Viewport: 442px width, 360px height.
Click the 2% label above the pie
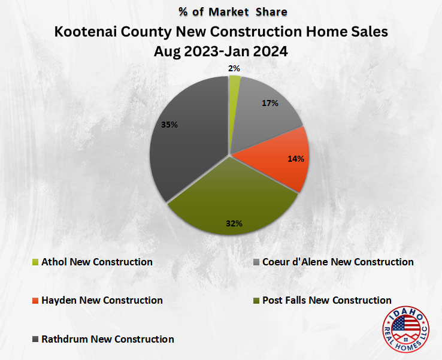pyautogui.click(x=234, y=69)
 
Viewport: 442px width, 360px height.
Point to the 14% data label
pyautogui.click(x=296, y=159)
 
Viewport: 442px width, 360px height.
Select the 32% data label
pyautogui.click(x=234, y=223)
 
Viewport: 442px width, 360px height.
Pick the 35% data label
pyautogui.click(x=169, y=125)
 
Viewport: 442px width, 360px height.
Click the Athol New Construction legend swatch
pyautogui.click(x=35, y=262)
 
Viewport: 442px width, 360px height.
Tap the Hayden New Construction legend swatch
pyautogui.click(x=35, y=301)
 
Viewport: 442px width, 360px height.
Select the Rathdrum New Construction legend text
pyautogui.click(x=108, y=339)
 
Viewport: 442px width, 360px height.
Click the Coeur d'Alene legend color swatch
pyautogui.click(x=256, y=262)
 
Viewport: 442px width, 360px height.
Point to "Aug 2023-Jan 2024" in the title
pyautogui.click(x=221, y=52)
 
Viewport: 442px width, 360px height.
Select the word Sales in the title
pyautogui.click(x=369, y=32)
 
